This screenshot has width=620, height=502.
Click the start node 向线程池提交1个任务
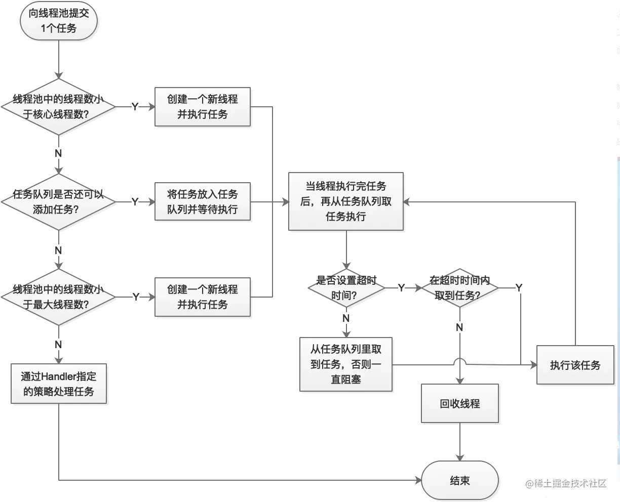tap(59, 21)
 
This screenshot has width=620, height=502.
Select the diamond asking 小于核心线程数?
tap(59, 107)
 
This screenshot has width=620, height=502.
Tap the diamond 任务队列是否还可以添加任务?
tap(59, 202)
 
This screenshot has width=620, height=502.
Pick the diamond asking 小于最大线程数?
tap(59, 297)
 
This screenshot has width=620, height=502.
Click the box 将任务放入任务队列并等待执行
tap(203, 201)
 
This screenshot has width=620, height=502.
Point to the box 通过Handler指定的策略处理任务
tap(59, 384)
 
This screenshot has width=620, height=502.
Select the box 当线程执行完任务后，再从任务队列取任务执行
tap(346, 201)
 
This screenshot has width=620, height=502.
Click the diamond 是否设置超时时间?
tap(346, 287)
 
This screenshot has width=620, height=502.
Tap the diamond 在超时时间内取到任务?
tap(459, 287)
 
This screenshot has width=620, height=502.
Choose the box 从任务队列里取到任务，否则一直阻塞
tap(346, 364)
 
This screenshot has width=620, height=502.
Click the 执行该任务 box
tap(575, 365)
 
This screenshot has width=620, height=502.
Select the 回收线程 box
tap(460, 403)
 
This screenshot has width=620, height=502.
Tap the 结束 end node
tap(460, 481)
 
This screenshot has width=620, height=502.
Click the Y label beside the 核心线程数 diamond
tap(135, 107)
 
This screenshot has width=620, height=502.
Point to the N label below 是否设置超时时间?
tap(346, 318)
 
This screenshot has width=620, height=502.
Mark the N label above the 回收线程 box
tap(459, 327)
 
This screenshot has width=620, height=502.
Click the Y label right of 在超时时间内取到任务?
tap(519, 287)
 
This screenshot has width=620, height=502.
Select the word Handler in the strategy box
tap(61, 377)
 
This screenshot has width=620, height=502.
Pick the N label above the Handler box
tap(59, 345)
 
